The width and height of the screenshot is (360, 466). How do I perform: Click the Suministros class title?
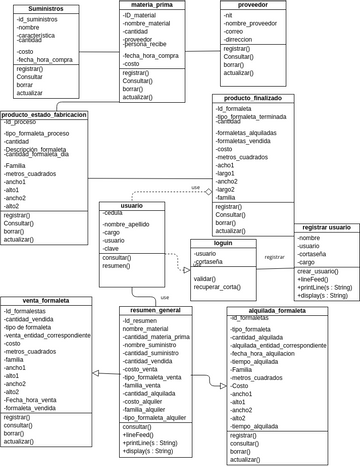tap(46, 8)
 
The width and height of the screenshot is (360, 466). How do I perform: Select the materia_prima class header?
tap(150, 5)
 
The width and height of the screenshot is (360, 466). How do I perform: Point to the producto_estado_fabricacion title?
tap(45, 115)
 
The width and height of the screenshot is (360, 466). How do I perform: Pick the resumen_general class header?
tap(156, 310)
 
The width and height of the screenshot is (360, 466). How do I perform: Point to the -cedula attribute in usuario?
tap(112, 213)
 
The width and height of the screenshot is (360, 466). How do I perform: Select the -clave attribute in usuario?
tap(111, 248)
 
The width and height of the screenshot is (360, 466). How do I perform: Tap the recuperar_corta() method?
tap(217, 287)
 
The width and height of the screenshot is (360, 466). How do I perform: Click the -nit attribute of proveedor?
tap(228, 16)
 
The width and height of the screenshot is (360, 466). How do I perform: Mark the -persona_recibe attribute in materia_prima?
tap(145, 44)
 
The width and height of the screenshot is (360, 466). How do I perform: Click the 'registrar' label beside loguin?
tap(274, 257)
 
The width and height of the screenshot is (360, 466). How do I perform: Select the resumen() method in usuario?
tap(116, 266)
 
